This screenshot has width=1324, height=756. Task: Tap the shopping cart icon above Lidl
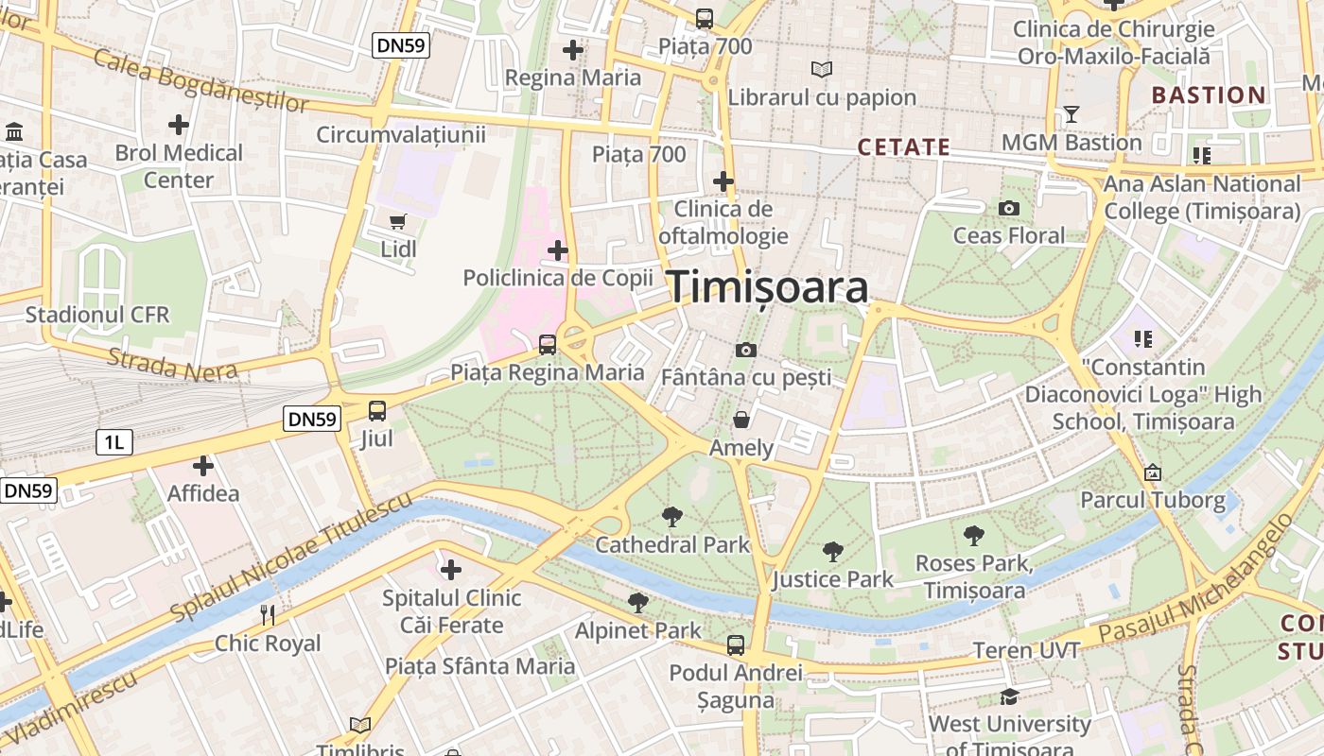[x=398, y=221]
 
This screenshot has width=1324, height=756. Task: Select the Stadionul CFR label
[x=97, y=314]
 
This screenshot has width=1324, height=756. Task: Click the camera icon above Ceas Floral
[x=1009, y=208]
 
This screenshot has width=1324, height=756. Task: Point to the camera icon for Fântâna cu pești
[x=745, y=351]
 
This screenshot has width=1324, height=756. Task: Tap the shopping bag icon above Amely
[x=741, y=419]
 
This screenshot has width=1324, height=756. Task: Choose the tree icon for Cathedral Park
[x=672, y=516]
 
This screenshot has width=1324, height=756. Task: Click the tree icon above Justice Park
[x=832, y=551]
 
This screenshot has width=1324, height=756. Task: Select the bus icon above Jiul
[x=376, y=410]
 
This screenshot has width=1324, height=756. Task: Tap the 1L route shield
[x=113, y=441]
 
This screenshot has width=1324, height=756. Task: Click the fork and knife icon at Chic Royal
[x=268, y=615]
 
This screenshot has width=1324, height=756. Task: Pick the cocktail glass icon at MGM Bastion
[x=1071, y=114]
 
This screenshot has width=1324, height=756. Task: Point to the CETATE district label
[x=903, y=147]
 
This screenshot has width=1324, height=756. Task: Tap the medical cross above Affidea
[x=202, y=465]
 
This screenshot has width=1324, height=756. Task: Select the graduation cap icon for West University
[x=1009, y=696]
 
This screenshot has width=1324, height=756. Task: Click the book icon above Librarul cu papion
[x=822, y=69]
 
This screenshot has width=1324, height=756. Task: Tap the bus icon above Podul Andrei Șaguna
[x=735, y=645]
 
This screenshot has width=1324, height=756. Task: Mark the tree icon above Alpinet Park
[x=638, y=602]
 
